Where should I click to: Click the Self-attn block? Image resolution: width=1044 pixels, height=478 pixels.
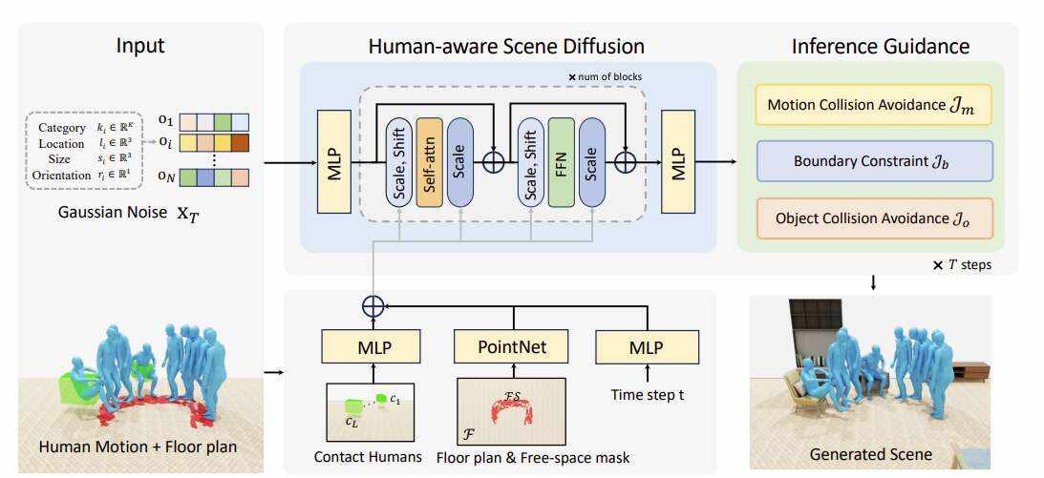[x=430, y=161]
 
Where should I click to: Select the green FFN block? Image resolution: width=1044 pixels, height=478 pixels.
[x=562, y=161]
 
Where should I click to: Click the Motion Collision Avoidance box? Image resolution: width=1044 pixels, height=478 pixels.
[x=873, y=105]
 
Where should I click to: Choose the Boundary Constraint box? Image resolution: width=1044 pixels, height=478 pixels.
[x=873, y=161]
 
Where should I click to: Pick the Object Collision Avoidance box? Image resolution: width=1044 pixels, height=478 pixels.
[x=873, y=218]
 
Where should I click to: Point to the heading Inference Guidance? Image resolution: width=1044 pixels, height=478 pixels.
[x=880, y=46]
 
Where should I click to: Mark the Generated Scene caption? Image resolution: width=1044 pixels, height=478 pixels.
[x=870, y=453]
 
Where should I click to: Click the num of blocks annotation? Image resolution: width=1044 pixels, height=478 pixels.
[x=606, y=76]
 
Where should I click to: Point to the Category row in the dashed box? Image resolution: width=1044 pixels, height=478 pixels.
[x=86, y=127]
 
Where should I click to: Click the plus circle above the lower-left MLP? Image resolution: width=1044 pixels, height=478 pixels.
[x=373, y=304]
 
